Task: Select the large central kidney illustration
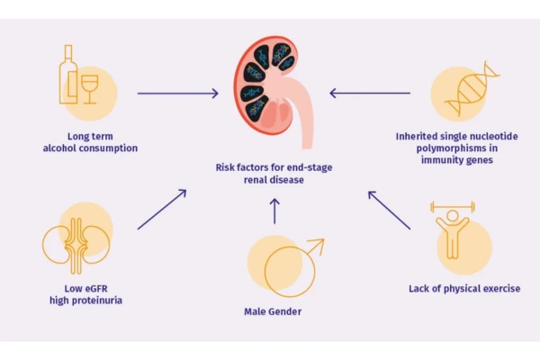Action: (270, 91)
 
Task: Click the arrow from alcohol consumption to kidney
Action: (177, 92)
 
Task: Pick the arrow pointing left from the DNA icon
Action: (369, 92)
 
